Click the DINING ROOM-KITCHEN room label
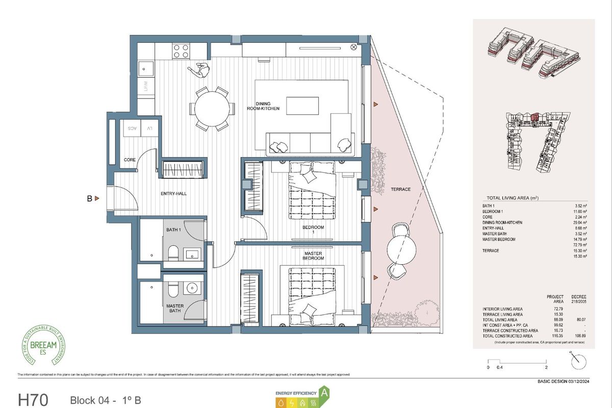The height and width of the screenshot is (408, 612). point(267,106)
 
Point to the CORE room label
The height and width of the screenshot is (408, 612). point(130,160)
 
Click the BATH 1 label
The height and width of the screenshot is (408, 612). point(173,230)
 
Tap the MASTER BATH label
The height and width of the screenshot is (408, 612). point(175,309)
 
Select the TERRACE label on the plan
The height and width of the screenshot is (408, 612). point(400,189)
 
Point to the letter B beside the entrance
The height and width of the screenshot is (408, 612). point(89,199)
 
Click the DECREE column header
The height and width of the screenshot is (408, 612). point(579,297)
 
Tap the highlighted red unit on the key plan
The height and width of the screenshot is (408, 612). point(534,117)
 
